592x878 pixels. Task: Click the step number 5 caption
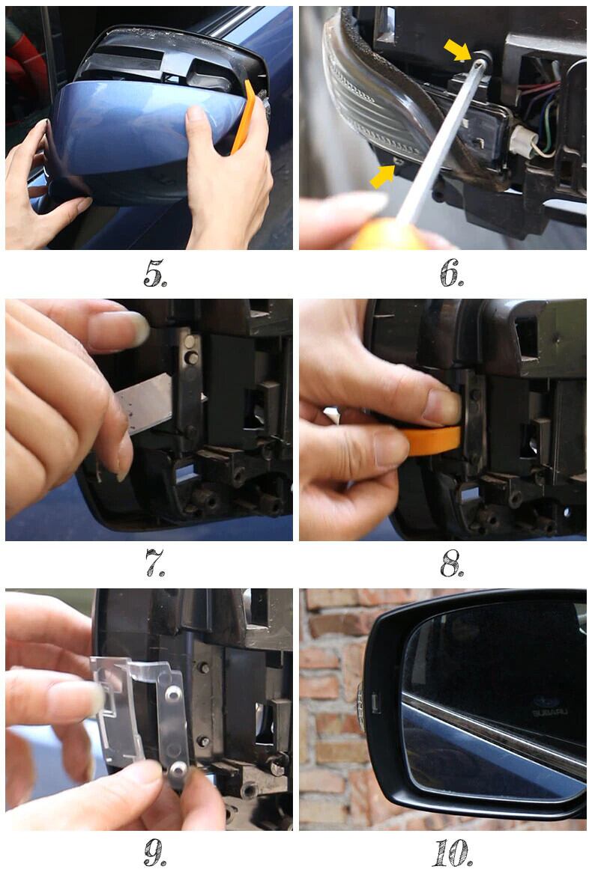(154, 273)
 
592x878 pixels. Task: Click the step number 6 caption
(451, 273)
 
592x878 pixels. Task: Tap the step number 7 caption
(154, 563)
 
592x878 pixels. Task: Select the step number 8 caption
(452, 564)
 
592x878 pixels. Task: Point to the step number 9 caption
(154, 853)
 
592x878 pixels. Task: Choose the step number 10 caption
(452, 853)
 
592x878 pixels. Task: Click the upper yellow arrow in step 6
(457, 49)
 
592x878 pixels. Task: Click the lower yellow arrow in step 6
(382, 177)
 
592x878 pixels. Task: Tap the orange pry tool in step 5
(244, 117)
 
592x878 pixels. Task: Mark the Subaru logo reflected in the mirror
(549, 707)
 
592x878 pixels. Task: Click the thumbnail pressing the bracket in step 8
(442, 406)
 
